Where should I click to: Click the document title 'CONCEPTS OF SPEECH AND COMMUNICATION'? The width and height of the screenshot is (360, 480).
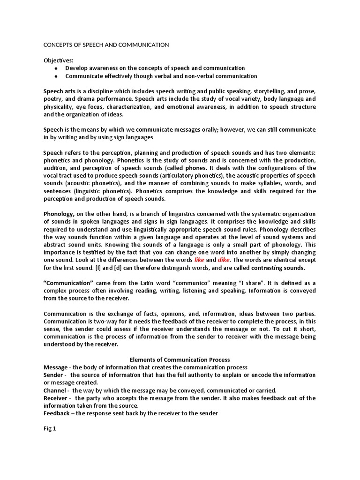106,45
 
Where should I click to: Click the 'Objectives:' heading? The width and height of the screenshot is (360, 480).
59,60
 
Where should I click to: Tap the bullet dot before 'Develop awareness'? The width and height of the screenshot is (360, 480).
57,68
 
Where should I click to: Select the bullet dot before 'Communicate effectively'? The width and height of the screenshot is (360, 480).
57,76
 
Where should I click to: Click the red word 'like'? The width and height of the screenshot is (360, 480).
200,260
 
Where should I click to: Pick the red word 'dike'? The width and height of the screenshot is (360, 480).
225,260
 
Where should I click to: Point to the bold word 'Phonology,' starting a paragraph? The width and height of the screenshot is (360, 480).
59,214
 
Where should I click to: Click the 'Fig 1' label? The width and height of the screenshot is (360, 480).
50,428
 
